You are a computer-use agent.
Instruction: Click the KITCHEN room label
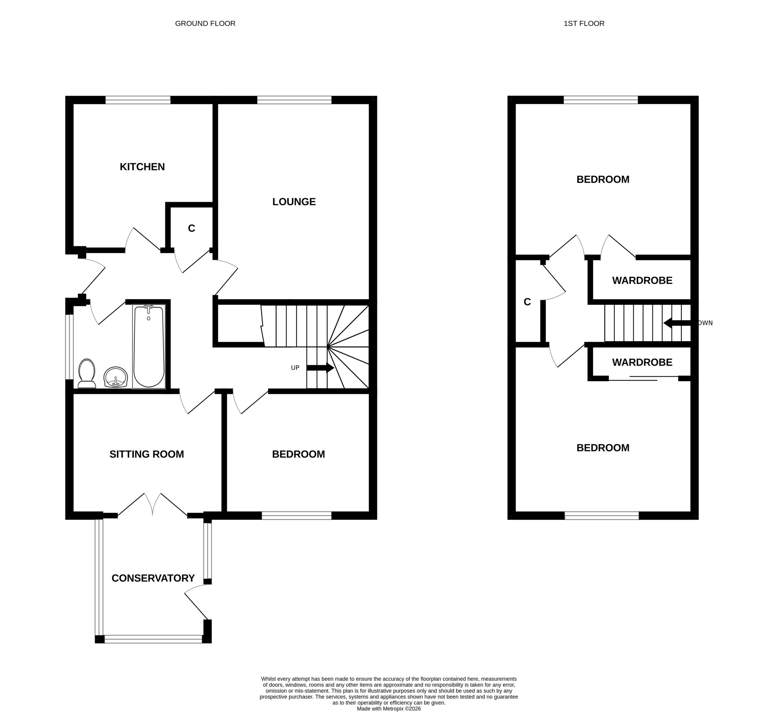point(142,167)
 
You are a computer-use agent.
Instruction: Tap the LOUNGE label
point(294,202)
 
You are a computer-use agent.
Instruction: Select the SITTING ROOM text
point(147,454)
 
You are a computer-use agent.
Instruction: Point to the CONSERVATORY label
point(153,578)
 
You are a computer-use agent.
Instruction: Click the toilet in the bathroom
point(87,373)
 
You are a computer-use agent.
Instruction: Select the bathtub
point(149,346)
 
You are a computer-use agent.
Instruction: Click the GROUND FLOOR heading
point(205,24)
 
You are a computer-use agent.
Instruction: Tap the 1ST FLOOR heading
point(584,24)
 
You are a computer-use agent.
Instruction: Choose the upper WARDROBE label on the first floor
point(642,281)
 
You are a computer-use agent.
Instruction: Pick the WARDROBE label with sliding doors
point(642,362)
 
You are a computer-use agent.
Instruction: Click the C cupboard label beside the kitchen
point(191,228)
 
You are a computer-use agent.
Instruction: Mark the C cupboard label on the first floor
point(527,302)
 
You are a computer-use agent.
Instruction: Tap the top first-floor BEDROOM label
point(603,179)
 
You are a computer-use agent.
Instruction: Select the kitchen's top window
point(138,100)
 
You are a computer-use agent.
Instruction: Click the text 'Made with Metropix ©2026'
point(389,708)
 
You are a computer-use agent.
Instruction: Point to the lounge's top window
point(294,100)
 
